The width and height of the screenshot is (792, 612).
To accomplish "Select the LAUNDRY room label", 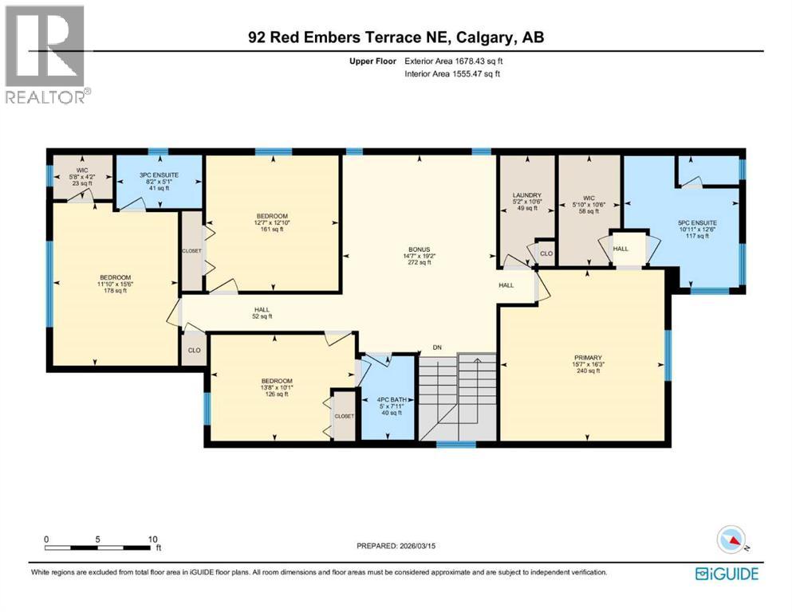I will pyautogui.click(x=527, y=195).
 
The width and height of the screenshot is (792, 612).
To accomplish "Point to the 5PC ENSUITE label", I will pyautogui.click(x=697, y=223).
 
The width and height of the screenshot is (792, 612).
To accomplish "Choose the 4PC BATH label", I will pyautogui.click(x=388, y=399).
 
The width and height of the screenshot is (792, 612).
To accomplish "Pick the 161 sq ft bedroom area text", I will pyautogui.click(x=270, y=229).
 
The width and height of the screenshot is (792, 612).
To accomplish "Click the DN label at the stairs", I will pyautogui.click(x=437, y=347).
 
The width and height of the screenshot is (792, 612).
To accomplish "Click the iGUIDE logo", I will pyautogui.click(x=727, y=573).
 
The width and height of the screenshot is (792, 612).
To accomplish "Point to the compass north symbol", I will pyautogui.click(x=732, y=540).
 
